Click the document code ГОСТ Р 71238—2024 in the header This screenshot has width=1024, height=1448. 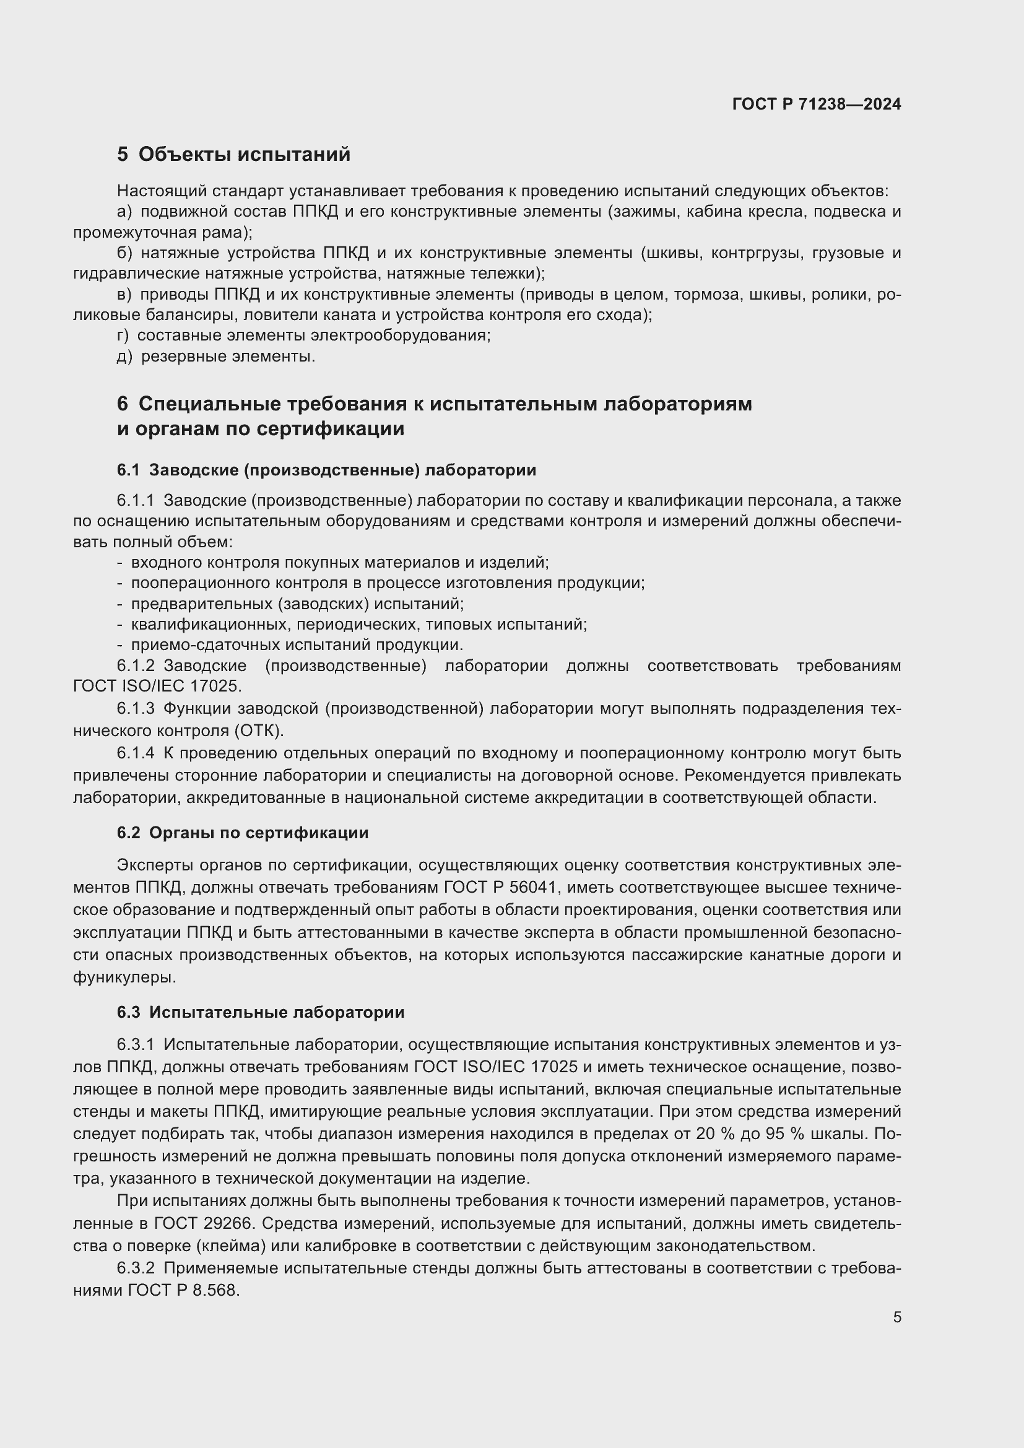point(817,104)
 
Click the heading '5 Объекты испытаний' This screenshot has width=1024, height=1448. point(233,155)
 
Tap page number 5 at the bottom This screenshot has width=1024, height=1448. point(896,1317)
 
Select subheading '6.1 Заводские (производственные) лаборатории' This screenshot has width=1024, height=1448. point(326,470)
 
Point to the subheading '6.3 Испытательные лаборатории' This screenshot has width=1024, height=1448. point(261,1013)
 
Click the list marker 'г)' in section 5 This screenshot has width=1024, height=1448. point(123,336)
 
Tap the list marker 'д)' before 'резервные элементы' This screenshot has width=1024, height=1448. point(124,357)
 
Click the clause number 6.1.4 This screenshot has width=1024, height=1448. point(135,753)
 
